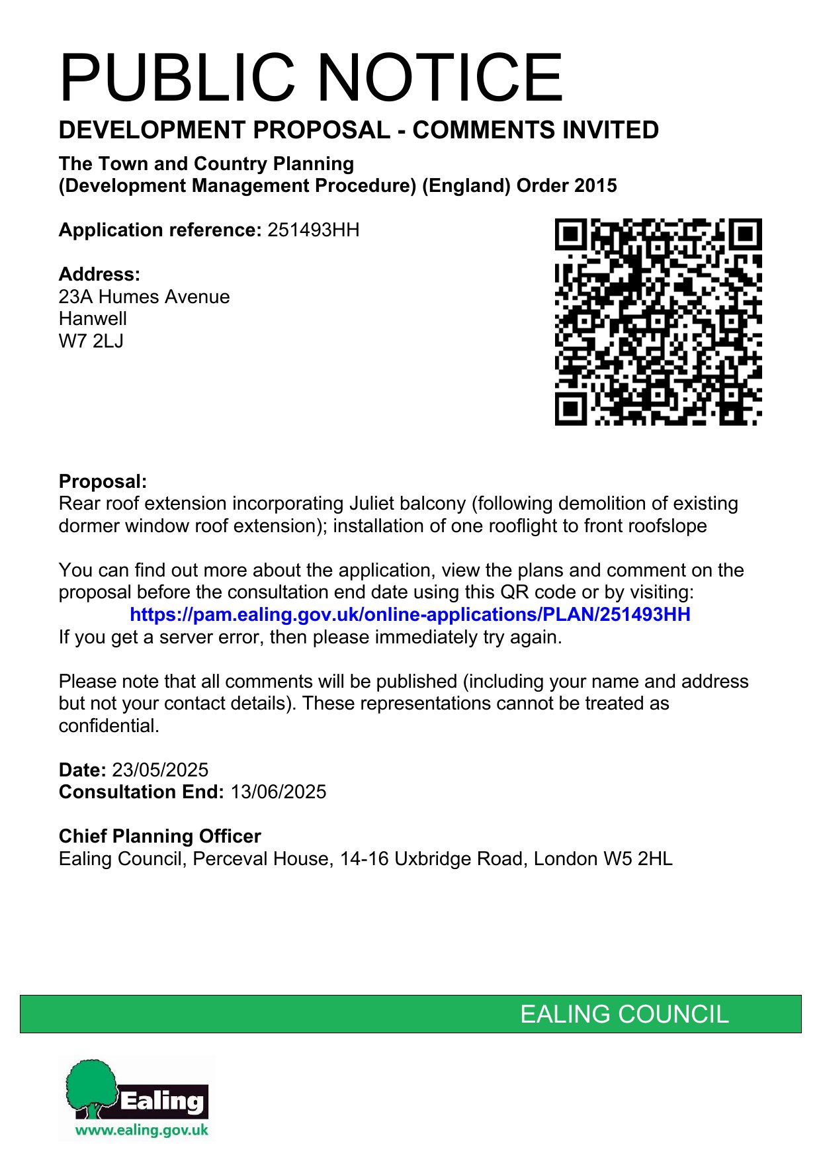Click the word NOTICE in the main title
(x=441, y=78)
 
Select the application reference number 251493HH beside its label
(x=313, y=230)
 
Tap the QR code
(x=658, y=322)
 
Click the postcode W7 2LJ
(x=91, y=342)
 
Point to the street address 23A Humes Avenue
(x=144, y=297)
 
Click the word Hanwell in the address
(x=93, y=319)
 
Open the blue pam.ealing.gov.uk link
(x=410, y=615)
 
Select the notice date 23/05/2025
(x=160, y=770)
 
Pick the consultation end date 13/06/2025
(x=278, y=792)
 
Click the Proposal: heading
(x=103, y=481)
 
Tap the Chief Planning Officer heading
(x=160, y=837)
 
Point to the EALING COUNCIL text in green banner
(x=624, y=1014)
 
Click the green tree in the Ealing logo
(x=93, y=1084)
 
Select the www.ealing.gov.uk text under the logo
(x=142, y=1130)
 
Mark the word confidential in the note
(x=108, y=726)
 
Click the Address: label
(x=99, y=275)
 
